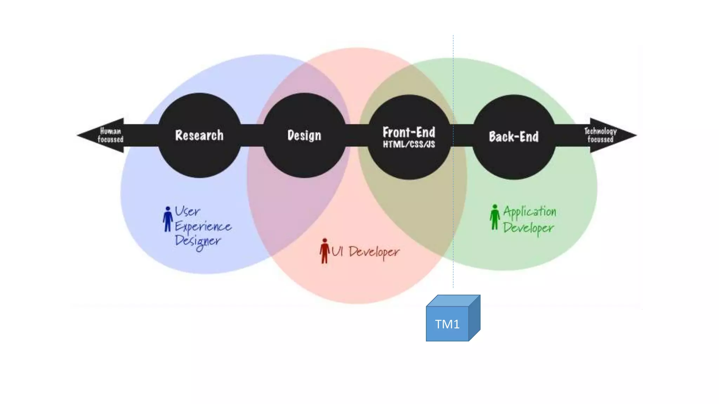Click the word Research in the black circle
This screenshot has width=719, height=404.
[x=199, y=135]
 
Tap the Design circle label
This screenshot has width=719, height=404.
[x=304, y=135]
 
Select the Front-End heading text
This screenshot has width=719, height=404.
[x=409, y=132]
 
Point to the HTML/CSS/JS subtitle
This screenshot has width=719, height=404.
[x=409, y=144]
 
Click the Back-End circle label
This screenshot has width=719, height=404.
[x=514, y=136]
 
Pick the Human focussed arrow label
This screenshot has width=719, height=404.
[x=111, y=135]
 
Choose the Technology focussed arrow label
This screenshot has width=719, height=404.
[x=600, y=135]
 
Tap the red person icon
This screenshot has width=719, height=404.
[x=325, y=251]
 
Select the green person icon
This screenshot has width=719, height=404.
[x=495, y=217]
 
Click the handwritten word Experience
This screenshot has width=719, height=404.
[x=203, y=227]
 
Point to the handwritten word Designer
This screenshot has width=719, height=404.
[x=198, y=241]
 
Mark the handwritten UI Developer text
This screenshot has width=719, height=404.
[x=365, y=252]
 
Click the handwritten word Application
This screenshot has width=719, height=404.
[x=529, y=211]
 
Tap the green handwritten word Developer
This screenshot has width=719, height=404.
[x=528, y=228]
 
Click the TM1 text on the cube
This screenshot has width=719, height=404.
[x=447, y=324]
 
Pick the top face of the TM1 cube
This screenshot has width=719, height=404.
[x=453, y=301]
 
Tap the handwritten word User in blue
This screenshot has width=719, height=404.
[x=187, y=211]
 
